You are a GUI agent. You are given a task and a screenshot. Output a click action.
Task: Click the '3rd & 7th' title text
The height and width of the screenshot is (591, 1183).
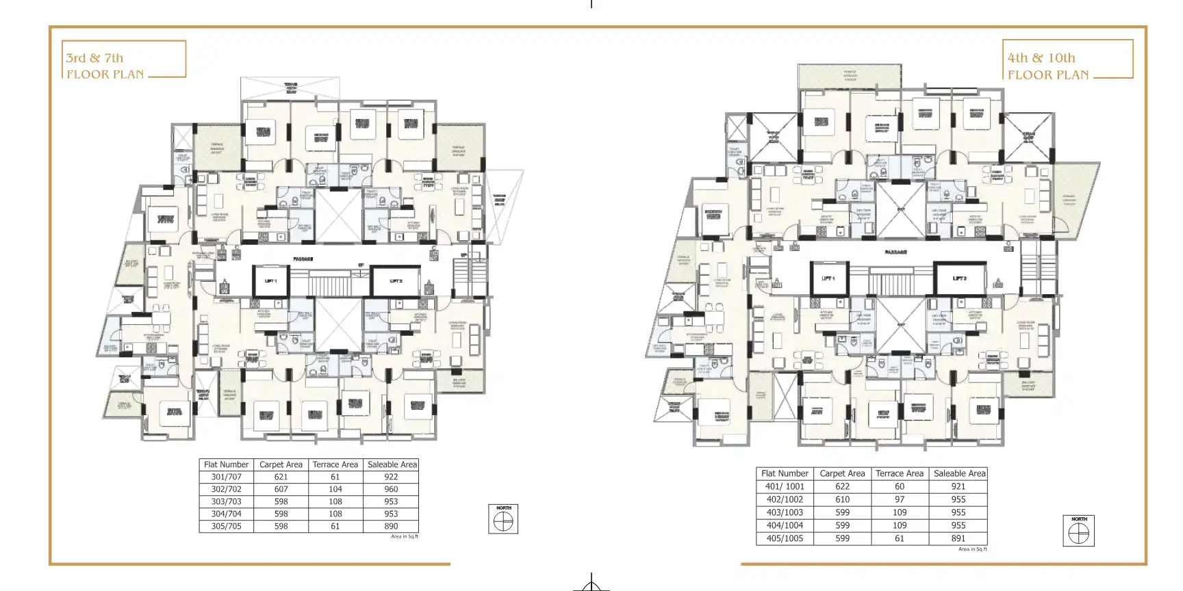(x=94, y=58)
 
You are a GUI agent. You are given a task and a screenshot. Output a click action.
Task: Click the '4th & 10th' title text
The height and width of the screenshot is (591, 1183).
(x=1041, y=58)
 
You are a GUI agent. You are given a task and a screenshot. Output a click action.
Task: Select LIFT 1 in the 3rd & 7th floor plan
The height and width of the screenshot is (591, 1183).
(x=270, y=281)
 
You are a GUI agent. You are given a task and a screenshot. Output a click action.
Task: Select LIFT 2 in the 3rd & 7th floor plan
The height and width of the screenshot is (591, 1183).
(x=396, y=281)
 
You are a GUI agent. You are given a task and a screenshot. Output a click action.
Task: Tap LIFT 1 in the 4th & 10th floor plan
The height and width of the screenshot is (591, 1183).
(x=828, y=278)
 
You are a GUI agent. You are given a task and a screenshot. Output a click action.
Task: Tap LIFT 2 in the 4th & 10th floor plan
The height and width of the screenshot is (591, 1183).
(x=960, y=278)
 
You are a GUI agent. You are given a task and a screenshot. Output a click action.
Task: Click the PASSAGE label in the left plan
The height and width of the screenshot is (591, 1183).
(x=303, y=259)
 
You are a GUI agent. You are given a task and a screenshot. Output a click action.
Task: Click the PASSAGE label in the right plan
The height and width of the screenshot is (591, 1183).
(x=895, y=252)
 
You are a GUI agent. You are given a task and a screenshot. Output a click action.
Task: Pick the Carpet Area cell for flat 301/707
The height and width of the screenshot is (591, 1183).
(x=281, y=477)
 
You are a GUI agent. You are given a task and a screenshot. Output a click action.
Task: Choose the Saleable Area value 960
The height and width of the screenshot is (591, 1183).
(x=391, y=489)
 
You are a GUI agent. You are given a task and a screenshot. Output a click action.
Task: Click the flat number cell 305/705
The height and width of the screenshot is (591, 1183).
(x=226, y=526)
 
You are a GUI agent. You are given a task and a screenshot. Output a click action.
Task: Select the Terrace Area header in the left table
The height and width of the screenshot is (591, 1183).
(x=335, y=464)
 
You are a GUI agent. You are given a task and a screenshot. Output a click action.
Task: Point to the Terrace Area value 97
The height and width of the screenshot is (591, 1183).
(x=899, y=499)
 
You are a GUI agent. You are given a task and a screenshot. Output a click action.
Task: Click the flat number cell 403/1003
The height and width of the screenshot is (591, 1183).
(x=785, y=512)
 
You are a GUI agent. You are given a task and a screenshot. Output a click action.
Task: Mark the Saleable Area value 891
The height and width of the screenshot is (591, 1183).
(x=958, y=538)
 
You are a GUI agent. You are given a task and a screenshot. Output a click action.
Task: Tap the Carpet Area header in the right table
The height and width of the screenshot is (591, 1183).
(x=842, y=473)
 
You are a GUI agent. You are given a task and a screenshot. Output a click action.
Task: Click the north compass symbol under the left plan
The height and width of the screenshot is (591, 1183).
(x=503, y=521)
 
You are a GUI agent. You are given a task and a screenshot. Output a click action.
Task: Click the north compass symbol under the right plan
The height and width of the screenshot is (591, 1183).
(x=1078, y=533)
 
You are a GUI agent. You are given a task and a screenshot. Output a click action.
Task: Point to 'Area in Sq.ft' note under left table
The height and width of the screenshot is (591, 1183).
(x=404, y=536)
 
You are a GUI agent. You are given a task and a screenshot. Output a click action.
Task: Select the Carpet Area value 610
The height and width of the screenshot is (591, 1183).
(x=842, y=499)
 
